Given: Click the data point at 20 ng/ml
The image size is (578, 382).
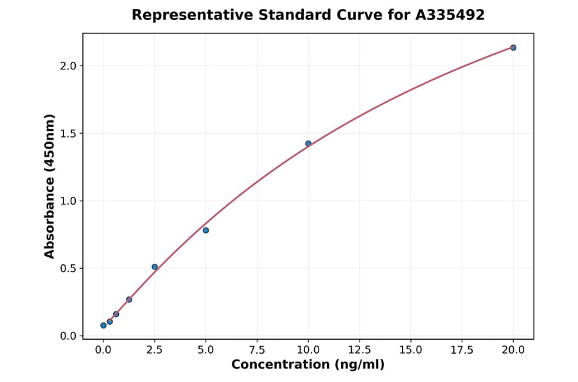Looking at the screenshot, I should pyautogui.click(x=513, y=48).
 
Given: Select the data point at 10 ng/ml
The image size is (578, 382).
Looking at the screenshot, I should pyautogui.click(x=308, y=143).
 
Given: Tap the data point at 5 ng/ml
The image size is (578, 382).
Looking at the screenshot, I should pyautogui.click(x=206, y=230).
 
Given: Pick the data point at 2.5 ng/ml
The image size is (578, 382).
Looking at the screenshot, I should pyautogui.click(x=155, y=267).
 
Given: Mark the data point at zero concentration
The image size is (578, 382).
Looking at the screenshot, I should pyautogui.click(x=103, y=325).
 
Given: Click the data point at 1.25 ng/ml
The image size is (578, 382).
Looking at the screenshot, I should pyautogui.click(x=129, y=300).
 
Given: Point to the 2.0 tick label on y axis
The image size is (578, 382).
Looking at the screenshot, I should pyautogui.click(x=68, y=66).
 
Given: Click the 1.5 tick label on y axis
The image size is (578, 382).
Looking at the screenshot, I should pyautogui.click(x=68, y=133).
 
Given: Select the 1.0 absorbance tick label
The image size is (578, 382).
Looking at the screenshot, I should pyautogui.click(x=68, y=201).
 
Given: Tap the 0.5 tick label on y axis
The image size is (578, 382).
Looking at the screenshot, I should pyautogui.click(x=68, y=268).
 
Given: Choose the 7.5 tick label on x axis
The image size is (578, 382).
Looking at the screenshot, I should pyautogui.click(x=257, y=350).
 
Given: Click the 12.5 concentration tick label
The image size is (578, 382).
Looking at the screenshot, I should pyautogui.click(x=360, y=350).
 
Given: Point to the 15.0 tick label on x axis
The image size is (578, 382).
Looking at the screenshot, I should pyautogui.click(x=410, y=350).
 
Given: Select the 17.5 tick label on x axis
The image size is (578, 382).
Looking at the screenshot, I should pyautogui.click(x=462, y=350).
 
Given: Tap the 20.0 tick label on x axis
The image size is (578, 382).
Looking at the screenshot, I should pyautogui.click(x=513, y=350).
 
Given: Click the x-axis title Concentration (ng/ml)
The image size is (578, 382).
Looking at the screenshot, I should pyautogui.click(x=308, y=365).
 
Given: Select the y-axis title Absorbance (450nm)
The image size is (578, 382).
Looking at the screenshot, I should pyautogui.click(x=50, y=186).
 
